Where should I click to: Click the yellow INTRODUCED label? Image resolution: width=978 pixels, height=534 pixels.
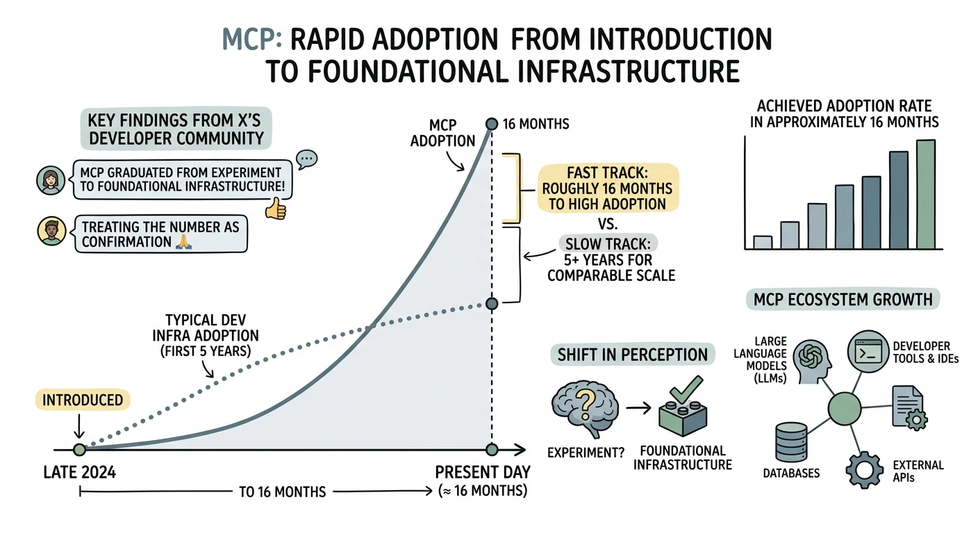pyautogui.click(x=83, y=400)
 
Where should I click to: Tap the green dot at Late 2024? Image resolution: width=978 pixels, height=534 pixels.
pyautogui.click(x=79, y=449)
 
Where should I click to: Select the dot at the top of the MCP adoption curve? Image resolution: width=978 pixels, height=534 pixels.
pyautogui.click(x=492, y=124)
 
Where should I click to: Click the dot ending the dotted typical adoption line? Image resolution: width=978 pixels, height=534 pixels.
pyautogui.click(x=492, y=304)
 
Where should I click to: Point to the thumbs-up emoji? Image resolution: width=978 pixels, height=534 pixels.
pyautogui.click(x=276, y=209)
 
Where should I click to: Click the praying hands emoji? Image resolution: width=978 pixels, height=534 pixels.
pyautogui.click(x=183, y=242)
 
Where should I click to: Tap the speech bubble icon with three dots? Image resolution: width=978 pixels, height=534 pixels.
pyautogui.click(x=306, y=159)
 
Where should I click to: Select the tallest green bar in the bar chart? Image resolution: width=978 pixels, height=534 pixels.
pyautogui.click(x=926, y=195)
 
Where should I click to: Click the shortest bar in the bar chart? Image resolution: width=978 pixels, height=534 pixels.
pyautogui.click(x=763, y=243)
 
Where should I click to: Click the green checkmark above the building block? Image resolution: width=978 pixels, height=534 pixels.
pyautogui.click(x=686, y=390)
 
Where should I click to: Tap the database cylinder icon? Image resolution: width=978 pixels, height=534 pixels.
pyautogui.click(x=791, y=442)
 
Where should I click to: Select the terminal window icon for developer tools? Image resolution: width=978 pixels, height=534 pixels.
pyautogui.click(x=868, y=351)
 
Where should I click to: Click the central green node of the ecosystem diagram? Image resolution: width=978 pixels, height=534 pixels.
pyautogui.click(x=845, y=409)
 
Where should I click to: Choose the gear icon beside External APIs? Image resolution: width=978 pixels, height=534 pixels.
pyautogui.click(x=865, y=470)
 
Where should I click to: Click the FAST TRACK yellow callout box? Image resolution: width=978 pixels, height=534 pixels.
pyautogui.click(x=608, y=188)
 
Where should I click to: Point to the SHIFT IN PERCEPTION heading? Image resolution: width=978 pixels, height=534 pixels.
pyautogui.click(x=632, y=355)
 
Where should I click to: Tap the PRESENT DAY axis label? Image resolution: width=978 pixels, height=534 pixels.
pyautogui.click(x=483, y=472)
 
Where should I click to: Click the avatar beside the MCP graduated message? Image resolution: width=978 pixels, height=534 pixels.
pyautogui.click(x=51, y=180)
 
